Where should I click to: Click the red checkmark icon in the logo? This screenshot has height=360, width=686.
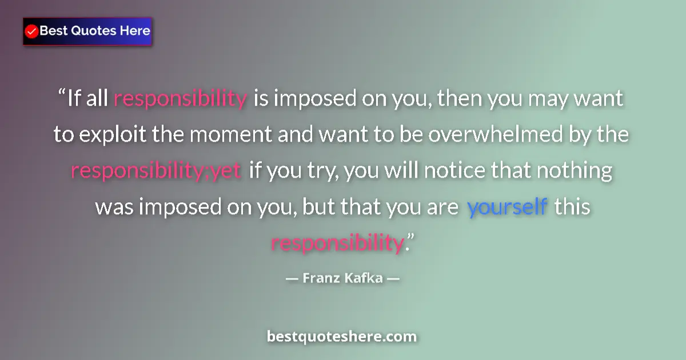[31, 31]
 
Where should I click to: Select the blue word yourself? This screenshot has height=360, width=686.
[507, 207]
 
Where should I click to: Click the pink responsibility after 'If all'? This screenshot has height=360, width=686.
[180, 99]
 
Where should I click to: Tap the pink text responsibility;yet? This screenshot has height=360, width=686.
[156, 171]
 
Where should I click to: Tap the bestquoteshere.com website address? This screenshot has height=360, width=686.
[342, 337]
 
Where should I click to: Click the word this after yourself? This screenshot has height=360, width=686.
[572, 207]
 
